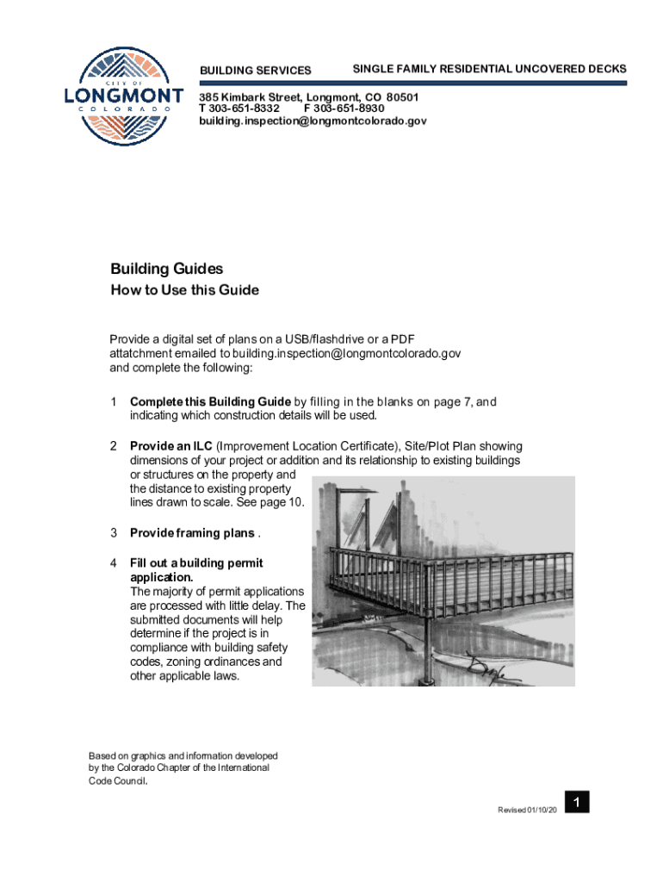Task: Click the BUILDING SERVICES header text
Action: tap(256, 70)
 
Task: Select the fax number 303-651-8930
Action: tap(349, 109)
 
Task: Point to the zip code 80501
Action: tap(402, 97)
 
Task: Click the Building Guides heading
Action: tap(166, 269)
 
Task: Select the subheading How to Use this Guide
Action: tap(184, 290)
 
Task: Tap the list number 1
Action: tap(114, 402)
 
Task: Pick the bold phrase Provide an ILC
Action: tap(170, 446)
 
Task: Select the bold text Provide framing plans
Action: tap(192, 533)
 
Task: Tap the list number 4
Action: tap(114, 563)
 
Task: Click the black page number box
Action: tap(577, 803)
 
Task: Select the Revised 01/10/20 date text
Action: tap(527, 811)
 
